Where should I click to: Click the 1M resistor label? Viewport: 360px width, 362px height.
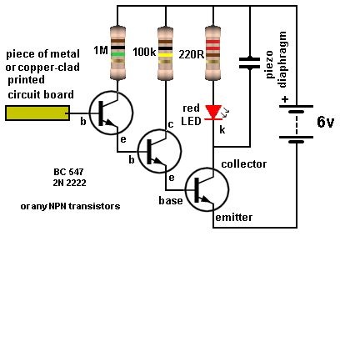pyautogui.click(x=101, y=51)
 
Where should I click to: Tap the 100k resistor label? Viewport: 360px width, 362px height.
pyautogui.click(x=143, y=53)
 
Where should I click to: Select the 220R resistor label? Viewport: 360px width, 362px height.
pyautogui.click(x=191, y=54)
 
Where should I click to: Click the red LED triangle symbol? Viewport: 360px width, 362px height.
pyautogui.click(x=213, y=112)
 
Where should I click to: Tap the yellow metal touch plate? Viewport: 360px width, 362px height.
pyautogui.click(x=37, y=113)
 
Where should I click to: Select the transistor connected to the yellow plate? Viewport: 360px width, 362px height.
pyautogui.click(x=110, y=113)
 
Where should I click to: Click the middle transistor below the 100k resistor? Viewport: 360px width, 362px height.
pyautogui.click(x=158, y=151)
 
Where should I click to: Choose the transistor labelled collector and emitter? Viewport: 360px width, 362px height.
pyautogui.click(x=206, y=189)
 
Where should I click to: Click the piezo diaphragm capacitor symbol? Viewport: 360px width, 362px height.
pyautogui.click(x=248, y=62)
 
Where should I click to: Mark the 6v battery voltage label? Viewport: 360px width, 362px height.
pyautogui.click(x=325, y=123)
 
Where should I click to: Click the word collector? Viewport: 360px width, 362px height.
pyautogui.click(x=244, y=164)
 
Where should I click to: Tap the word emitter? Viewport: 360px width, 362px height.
pyautogui.click(x=233, y=217)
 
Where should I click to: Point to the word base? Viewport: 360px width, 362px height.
pyautogui.click(x=170, y=201)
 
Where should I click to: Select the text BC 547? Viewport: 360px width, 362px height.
pyautogui.click(x=68, y=171)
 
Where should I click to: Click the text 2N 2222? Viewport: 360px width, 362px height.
pyautogui.click(x=69, y=183)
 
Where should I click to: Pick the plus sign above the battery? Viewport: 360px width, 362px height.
pyautogui.click(x=285, y=98)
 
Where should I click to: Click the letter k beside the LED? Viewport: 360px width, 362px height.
pyautogui.click(x=222, y=130)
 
